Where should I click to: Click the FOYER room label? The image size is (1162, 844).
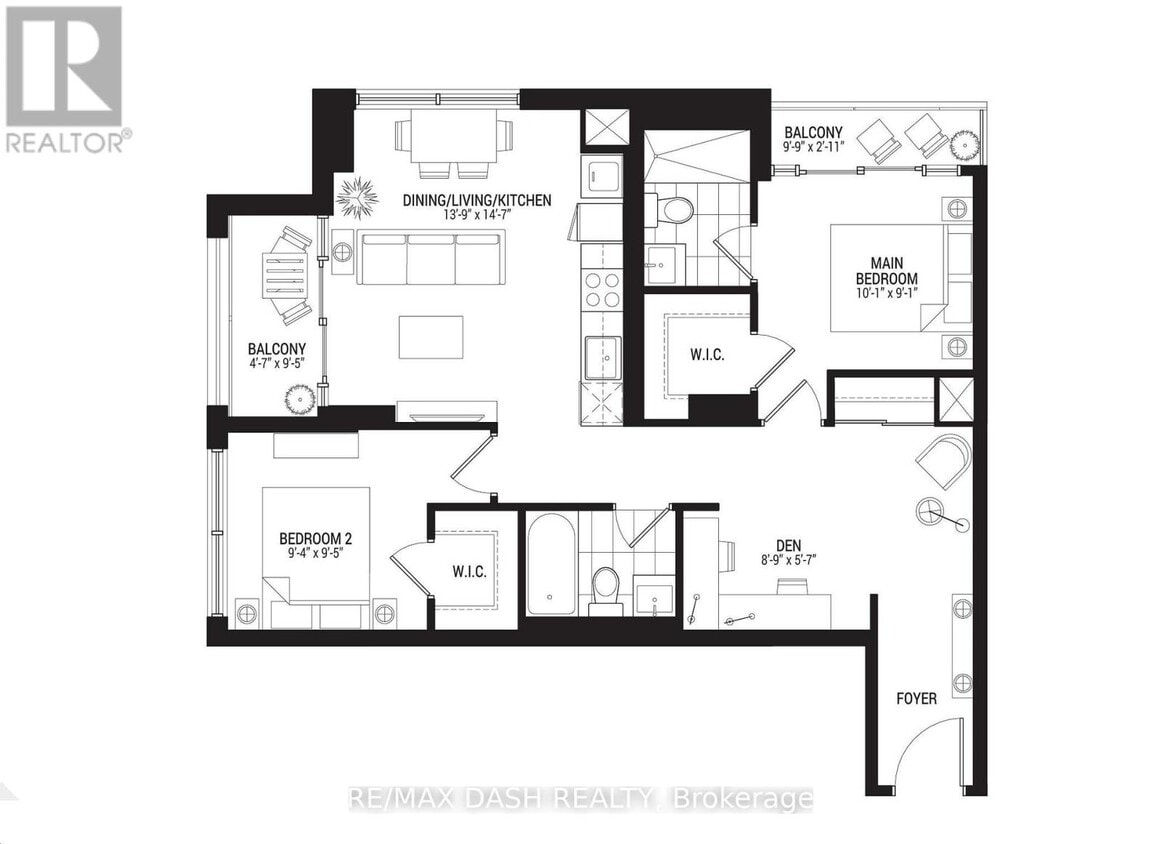click(915, 698)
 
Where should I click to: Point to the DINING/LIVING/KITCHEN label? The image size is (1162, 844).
click(476, 200)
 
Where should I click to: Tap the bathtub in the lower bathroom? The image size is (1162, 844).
click(551, 565)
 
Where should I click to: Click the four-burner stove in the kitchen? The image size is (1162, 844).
click(602, 290)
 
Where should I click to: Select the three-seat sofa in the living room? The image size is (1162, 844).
click(433, 258)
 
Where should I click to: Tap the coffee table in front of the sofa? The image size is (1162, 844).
click(431, 336)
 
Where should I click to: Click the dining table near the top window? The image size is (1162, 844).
click(453, 138)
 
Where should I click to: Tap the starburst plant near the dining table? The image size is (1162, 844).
click(357, 198)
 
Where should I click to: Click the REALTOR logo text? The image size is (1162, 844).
click(66, 142)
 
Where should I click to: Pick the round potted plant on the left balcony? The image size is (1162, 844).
click(300, 400)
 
